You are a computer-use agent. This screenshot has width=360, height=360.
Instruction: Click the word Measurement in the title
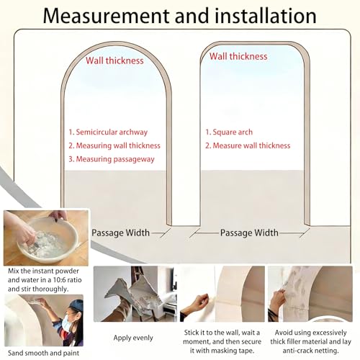point(106,16)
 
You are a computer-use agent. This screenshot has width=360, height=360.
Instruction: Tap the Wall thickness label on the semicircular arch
point(114,60)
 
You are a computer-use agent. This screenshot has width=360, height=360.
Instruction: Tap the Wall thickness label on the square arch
point(238,56)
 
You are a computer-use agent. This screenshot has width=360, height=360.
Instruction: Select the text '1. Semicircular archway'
point(108,132)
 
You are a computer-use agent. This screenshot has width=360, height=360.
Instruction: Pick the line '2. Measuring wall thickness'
point(114,145)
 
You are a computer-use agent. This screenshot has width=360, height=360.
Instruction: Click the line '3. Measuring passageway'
point(112,159)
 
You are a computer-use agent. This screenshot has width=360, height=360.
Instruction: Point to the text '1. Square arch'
point(229,132)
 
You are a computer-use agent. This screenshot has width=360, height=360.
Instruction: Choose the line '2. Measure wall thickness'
point(248,145)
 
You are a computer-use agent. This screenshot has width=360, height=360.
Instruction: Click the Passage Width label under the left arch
point(121,233)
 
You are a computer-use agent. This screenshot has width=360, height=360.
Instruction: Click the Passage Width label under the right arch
point(249,233)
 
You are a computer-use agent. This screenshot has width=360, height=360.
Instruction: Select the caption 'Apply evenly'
point(133,338)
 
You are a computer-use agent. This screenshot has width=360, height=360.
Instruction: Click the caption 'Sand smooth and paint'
point(43,353)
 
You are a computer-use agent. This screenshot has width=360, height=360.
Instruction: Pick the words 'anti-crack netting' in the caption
point(310,351)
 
